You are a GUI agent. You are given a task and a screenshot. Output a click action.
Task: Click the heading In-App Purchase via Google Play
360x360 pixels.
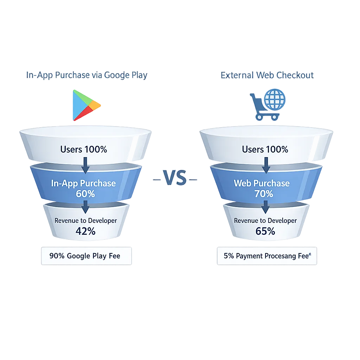tap(87, 75)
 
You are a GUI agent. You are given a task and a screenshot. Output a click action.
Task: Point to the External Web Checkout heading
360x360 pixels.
tap(267, 75)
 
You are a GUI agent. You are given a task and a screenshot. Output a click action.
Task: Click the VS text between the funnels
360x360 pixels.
tap(175, 178)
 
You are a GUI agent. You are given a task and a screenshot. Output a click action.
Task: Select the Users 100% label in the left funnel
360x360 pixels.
tap(84, 149)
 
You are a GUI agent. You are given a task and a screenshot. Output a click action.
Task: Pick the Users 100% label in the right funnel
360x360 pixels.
tap(265, 149)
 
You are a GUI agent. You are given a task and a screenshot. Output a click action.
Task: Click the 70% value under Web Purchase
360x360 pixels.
tap(264, 194)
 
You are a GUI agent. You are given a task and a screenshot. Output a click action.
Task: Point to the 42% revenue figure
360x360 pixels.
tap(85, 231)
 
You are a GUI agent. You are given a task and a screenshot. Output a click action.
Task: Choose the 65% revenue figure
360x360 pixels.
tap(265, 231)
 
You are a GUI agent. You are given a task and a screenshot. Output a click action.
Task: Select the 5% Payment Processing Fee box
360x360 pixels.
tap(267, 256)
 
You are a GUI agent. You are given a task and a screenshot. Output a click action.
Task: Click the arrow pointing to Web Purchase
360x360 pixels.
tap(266, 165)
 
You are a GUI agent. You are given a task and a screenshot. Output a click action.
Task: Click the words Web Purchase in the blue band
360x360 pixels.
tap(262, 183)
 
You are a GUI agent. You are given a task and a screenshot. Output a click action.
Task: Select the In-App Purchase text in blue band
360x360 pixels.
tap(83, 183)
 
